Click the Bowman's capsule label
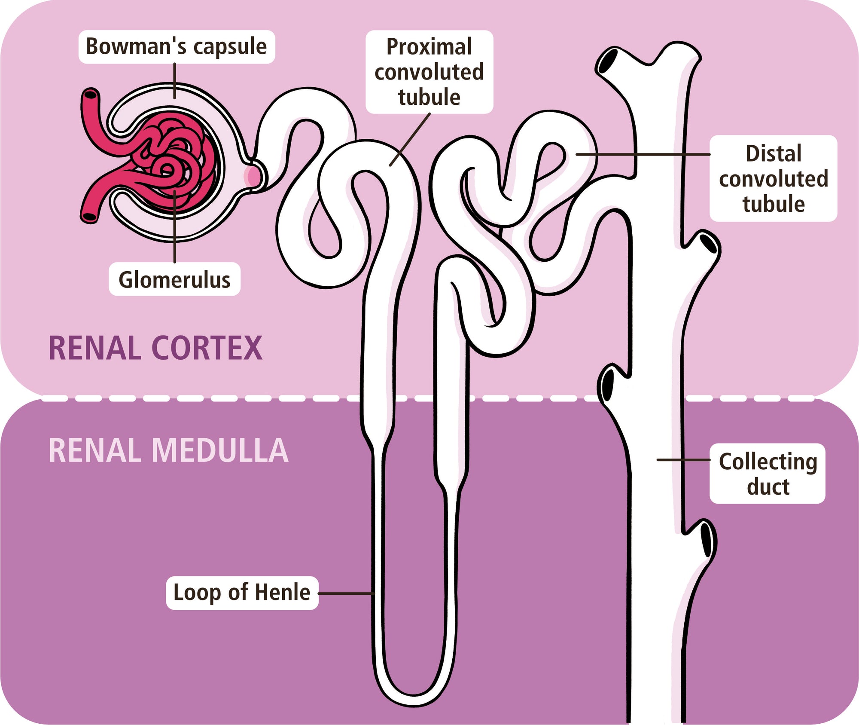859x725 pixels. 176,47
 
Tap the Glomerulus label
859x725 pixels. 174,279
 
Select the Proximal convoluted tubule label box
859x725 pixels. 429,72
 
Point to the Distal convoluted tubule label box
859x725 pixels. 773,178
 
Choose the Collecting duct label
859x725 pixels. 768,474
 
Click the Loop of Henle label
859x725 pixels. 242,593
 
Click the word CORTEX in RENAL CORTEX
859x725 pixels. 207,348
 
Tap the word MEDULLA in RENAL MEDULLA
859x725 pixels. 220,450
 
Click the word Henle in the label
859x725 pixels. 282,592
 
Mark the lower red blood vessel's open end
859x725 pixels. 90,217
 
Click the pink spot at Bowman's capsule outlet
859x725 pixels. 253,176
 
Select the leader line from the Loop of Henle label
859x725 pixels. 346,593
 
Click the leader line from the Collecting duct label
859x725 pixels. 683,460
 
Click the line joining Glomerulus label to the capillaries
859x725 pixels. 175,228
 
